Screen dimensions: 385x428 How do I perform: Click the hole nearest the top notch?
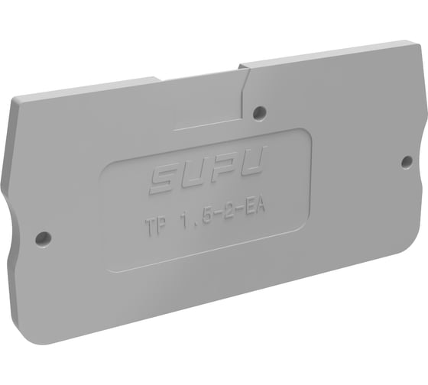[260, 112]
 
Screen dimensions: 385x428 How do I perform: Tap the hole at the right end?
[407, 160]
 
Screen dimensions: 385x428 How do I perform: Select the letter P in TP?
[164, 225]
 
